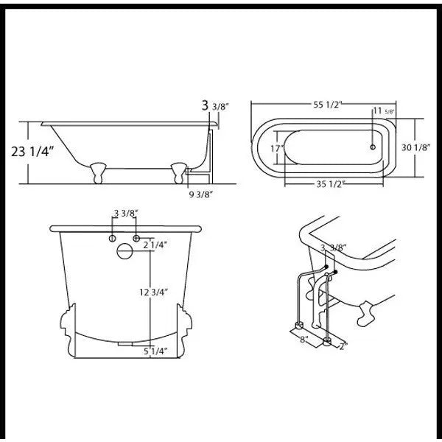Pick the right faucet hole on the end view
(x=136, y=239)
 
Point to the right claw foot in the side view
(x=178, y=172)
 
